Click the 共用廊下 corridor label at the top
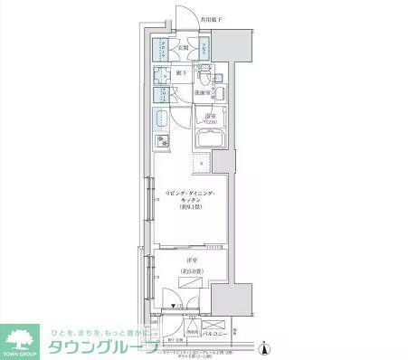tap(213, 19)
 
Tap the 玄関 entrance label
tap(182, 48)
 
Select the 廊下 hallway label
tap(181, 73)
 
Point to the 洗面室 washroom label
tap(203, 92)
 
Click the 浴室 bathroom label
tap(210, 118)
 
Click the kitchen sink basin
tap(164, 118)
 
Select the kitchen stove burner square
tap(164, 141)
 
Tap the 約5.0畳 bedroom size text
tap(193, 270)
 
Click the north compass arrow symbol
tap(262, 347)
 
